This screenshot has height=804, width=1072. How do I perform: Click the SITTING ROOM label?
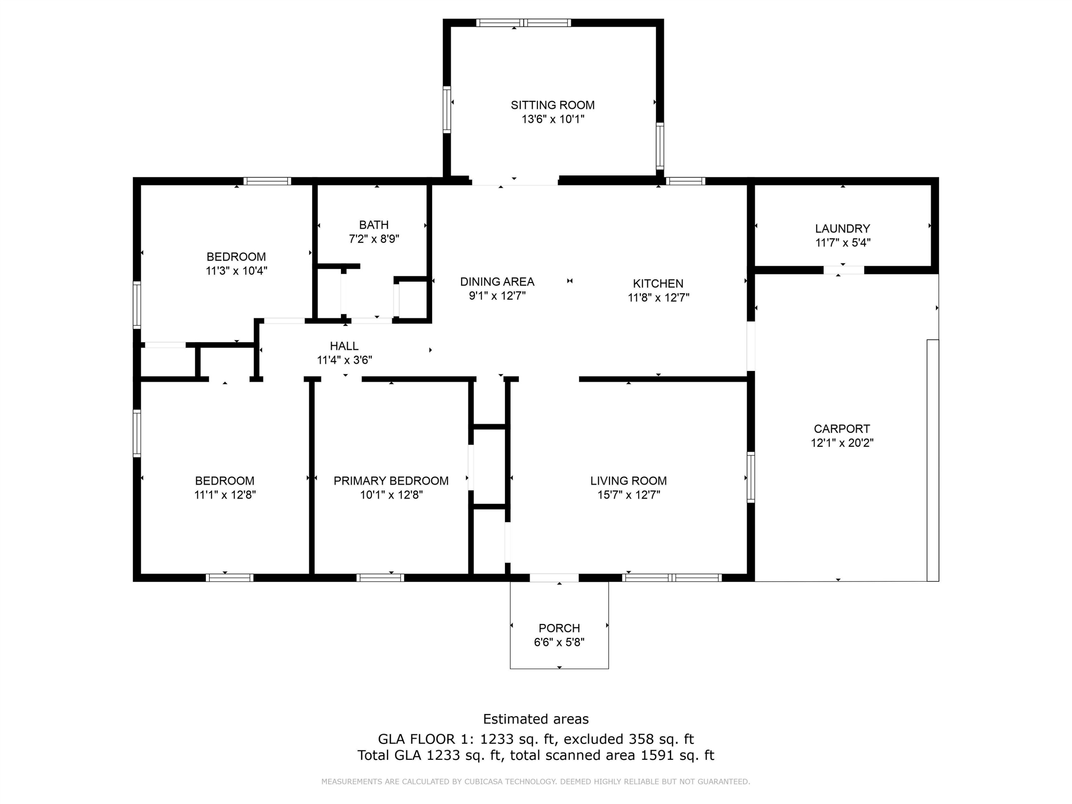[552, 105]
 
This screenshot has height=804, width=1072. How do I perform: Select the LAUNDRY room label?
[842, 229]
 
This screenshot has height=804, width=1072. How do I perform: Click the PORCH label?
[559, 628]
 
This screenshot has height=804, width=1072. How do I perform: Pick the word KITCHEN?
[657, 283]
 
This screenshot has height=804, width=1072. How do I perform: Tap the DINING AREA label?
[497, 282]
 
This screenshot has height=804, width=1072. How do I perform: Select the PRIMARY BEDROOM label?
[391, 481]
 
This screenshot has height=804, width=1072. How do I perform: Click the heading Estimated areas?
[536, 719]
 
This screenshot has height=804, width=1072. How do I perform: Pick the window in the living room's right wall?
[751, 477]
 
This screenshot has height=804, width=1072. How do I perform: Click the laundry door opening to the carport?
[843, 270]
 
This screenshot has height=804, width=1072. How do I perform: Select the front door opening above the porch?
[554, 578]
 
